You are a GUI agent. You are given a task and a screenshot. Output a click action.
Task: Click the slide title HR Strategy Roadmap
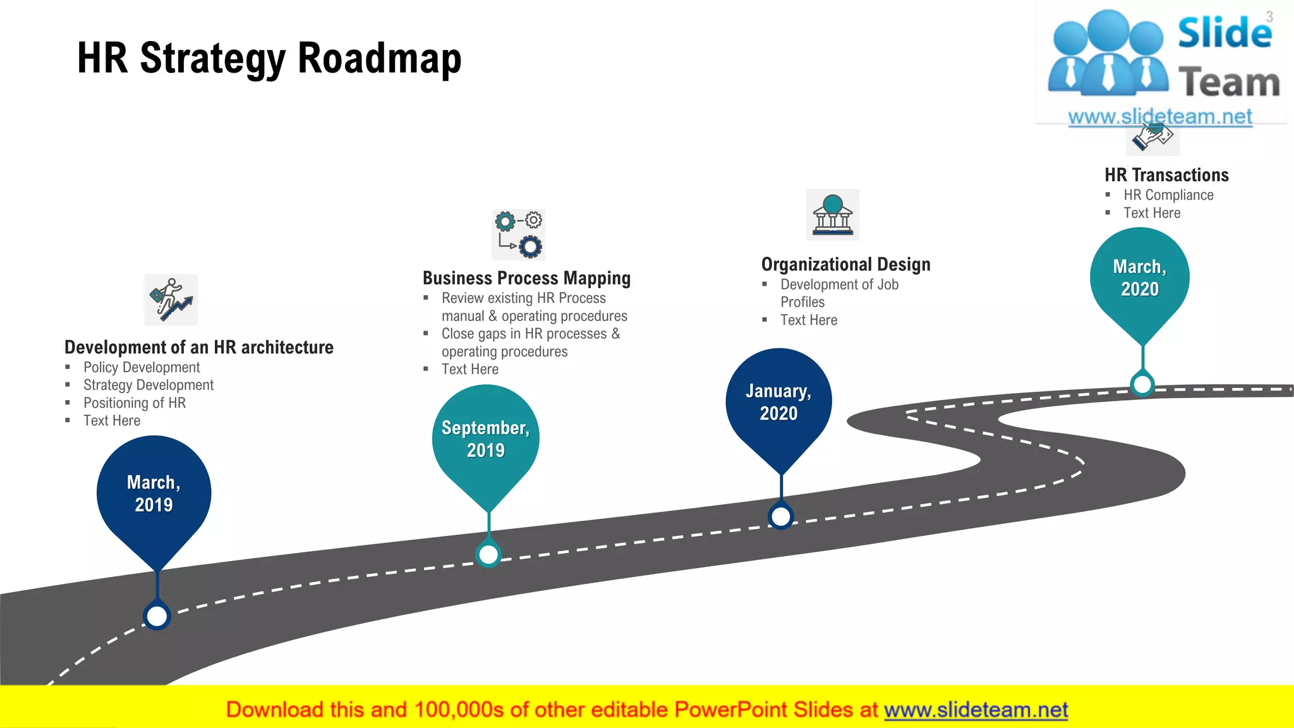coord(269,58)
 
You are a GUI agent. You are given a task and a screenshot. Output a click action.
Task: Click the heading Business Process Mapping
coord(526,278)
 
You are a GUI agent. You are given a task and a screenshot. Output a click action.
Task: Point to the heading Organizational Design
coord(845,264)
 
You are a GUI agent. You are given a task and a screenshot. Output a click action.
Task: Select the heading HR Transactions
coord(1166,175)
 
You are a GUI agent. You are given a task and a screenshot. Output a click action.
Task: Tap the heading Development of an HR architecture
coord(199,347)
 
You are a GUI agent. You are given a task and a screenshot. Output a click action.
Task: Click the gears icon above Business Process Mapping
coord(518,234)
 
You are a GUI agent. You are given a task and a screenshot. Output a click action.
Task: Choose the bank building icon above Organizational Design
coord(833,215)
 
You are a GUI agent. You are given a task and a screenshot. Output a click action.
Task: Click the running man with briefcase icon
coord(171,300)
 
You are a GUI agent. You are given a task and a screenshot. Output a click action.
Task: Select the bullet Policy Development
coord(142,367)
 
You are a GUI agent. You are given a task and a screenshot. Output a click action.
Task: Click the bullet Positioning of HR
coord(135,403)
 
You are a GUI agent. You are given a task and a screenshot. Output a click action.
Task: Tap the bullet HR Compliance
coord(1168,195)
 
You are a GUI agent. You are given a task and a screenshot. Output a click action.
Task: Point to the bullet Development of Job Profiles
coord(839,293)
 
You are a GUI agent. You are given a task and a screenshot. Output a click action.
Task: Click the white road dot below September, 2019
coord(488,555)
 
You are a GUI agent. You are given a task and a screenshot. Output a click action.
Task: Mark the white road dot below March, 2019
coord(157,616)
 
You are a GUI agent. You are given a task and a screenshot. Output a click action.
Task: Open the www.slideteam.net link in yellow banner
coord(976,710)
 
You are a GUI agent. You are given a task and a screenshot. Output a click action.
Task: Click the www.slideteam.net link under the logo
coord(1160,117)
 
